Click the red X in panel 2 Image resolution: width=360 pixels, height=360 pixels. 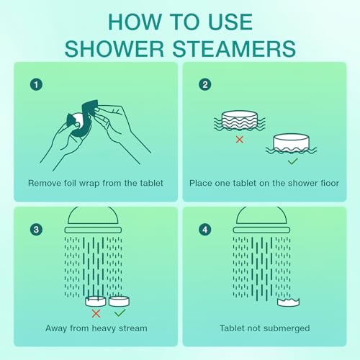click(239, 139)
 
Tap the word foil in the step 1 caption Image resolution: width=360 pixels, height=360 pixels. click(77, 183)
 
